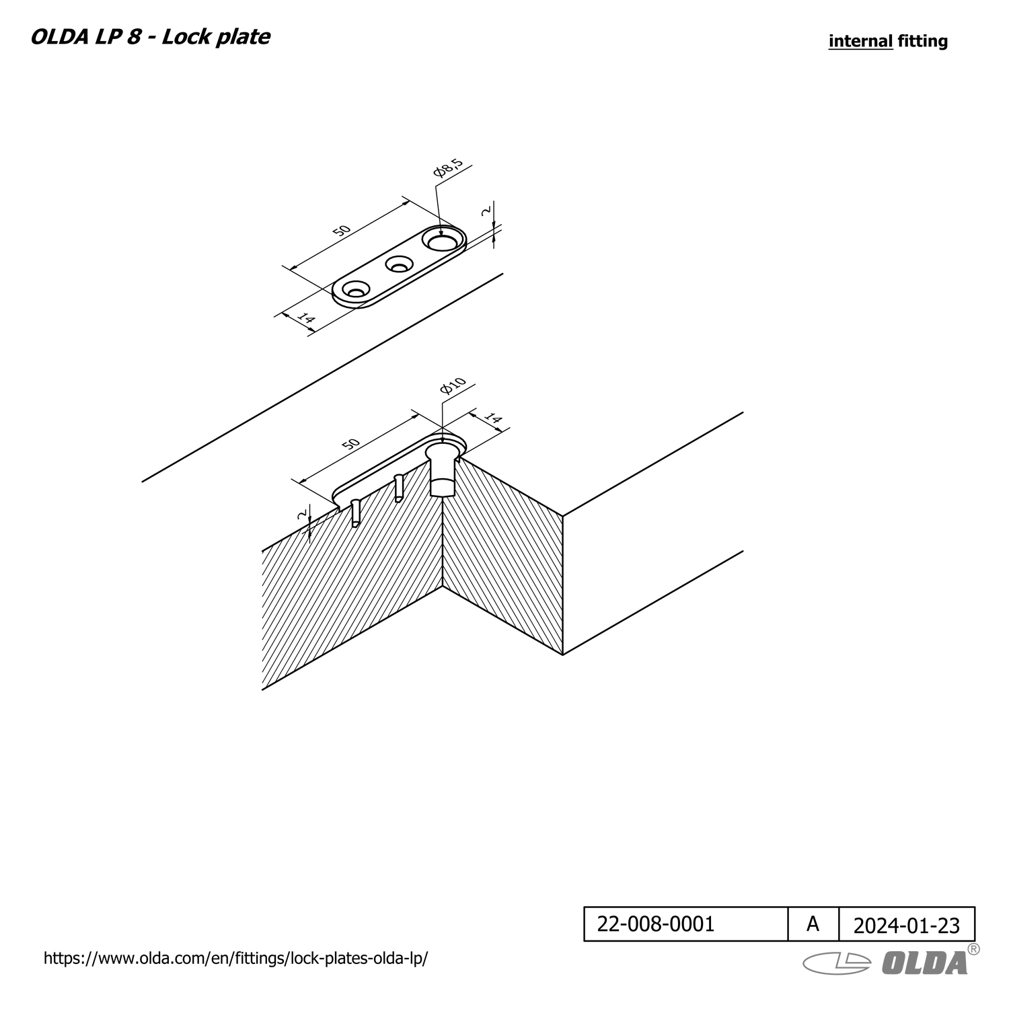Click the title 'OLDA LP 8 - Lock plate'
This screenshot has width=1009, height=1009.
coord(150,36)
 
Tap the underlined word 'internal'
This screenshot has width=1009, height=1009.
coord(860,41)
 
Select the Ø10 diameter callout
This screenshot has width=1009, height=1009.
coord(453,386)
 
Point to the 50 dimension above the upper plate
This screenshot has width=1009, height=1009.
coord(342,230)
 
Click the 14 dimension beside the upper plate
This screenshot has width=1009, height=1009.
coord(306,318)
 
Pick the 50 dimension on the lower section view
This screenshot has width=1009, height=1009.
coord(350,444)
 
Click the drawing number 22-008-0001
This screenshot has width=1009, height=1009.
coord(656,924)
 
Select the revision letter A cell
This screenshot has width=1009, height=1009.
coord(813,924)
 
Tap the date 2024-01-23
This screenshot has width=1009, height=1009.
coord(906,926)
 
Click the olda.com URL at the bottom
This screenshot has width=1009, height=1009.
coord(235,959)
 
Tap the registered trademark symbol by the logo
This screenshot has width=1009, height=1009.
coord(973,949)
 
